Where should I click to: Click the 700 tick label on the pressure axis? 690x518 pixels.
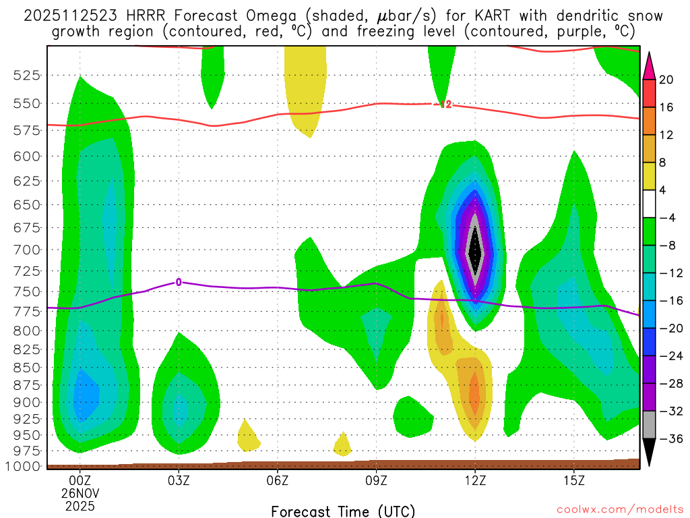coord(26,250)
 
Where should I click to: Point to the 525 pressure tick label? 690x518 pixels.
coord(26,76)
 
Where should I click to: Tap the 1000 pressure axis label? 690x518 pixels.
coord(23,466)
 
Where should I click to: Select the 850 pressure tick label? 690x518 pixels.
coord(26,368)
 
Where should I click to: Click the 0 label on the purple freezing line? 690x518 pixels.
coord(179,282)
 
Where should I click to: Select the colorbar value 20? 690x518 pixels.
coord(666,80)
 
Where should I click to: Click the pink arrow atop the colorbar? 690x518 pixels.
coord(649,65)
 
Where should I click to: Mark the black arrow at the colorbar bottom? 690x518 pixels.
coord(649,452)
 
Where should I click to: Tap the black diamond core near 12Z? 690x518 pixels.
coord(475,251)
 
